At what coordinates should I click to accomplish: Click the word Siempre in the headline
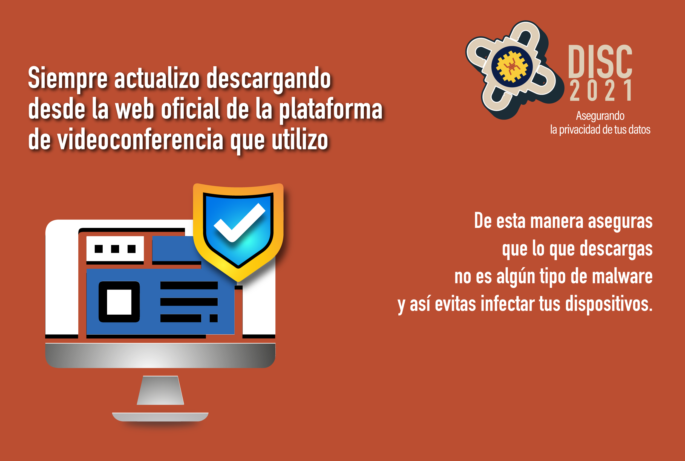(68, 78)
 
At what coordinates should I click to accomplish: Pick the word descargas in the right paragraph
(616, 249)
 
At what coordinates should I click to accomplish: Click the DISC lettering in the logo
(600, 61)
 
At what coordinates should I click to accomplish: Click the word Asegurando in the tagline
(600, 116)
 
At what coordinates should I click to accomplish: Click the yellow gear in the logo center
(511, 66)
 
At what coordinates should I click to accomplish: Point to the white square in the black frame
(119, 302)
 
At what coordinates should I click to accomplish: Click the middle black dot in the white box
(115, 249)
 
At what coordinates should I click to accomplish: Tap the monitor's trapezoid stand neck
(160, 390)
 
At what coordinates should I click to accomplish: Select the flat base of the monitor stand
(160, 417)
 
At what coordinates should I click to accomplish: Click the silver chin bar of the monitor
(160, 355)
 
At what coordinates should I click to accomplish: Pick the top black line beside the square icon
(189, 285)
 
